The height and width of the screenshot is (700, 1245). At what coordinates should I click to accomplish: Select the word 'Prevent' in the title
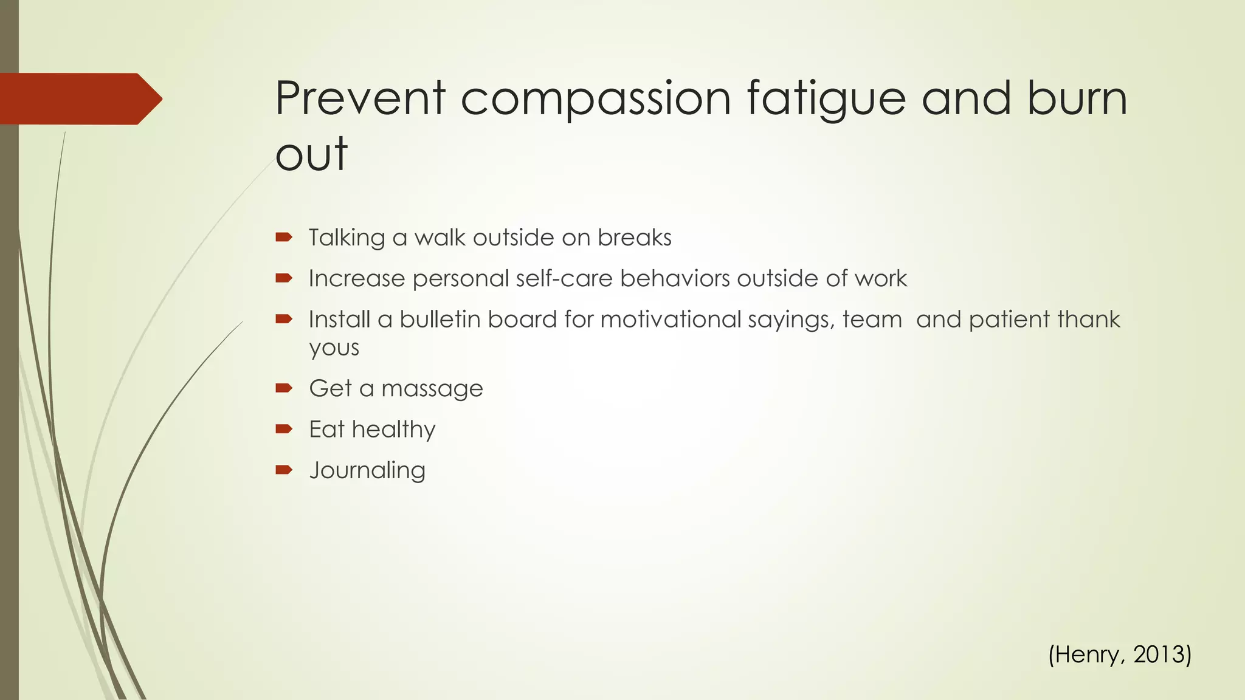pyautogui.click(x=360, y=98)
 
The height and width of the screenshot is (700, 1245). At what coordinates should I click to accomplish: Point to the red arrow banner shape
pyautogui.click(x=79, y=99)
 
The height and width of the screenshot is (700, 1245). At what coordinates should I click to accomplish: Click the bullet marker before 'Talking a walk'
pyautogui.click(x=283, y=237)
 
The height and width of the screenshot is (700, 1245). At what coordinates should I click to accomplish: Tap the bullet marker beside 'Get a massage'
pyautogui.click(x=283, y=388)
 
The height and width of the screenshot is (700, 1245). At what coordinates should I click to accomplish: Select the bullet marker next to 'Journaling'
pyautogui.click(x=283, y=469)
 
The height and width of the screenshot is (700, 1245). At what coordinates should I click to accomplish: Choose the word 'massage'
pyautogui.click(x=432, y=389)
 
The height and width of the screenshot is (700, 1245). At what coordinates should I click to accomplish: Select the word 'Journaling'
pyautogui.click(x=367, y=471)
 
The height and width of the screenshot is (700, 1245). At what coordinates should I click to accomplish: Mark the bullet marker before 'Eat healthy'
pyautogui.click(x=283, y=429)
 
